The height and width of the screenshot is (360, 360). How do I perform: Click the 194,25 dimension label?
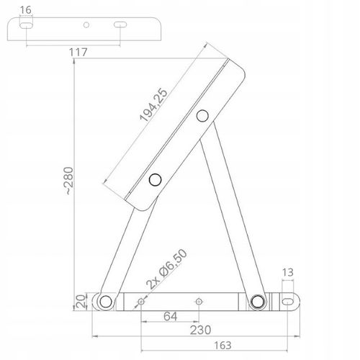tap(153, 104)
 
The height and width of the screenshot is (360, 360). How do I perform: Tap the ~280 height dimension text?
tap(69, 181)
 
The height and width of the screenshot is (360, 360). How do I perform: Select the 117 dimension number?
tap(78, 53)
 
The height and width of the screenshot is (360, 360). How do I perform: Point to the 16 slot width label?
tap(26, 10)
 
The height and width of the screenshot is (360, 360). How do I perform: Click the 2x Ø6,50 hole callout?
tap(166, 269)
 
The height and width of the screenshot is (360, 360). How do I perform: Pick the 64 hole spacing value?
tap(171, 316)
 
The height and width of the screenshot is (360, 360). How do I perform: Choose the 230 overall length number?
tap(200, 330)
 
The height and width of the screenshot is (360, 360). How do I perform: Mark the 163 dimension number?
tap(222, 346)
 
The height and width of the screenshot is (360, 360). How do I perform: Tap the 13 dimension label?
tap(287, 272)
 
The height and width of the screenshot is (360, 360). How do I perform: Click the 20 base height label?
tap(81, 302)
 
